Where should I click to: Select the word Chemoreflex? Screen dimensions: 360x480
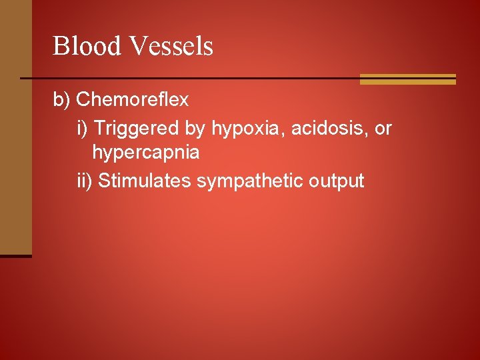tap(133, 100)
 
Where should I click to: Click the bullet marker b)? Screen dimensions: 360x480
tap(62, 100)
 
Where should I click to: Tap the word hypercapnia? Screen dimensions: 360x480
tap(145, 153)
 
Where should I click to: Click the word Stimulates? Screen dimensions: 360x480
tap(145, 180)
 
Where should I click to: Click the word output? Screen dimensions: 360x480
tap(336, 180)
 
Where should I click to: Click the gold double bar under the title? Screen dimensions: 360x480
tap(407, 79)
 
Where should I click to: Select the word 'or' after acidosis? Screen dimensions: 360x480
tap(383, 127)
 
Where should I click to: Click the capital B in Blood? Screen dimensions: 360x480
tap(60, 46)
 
